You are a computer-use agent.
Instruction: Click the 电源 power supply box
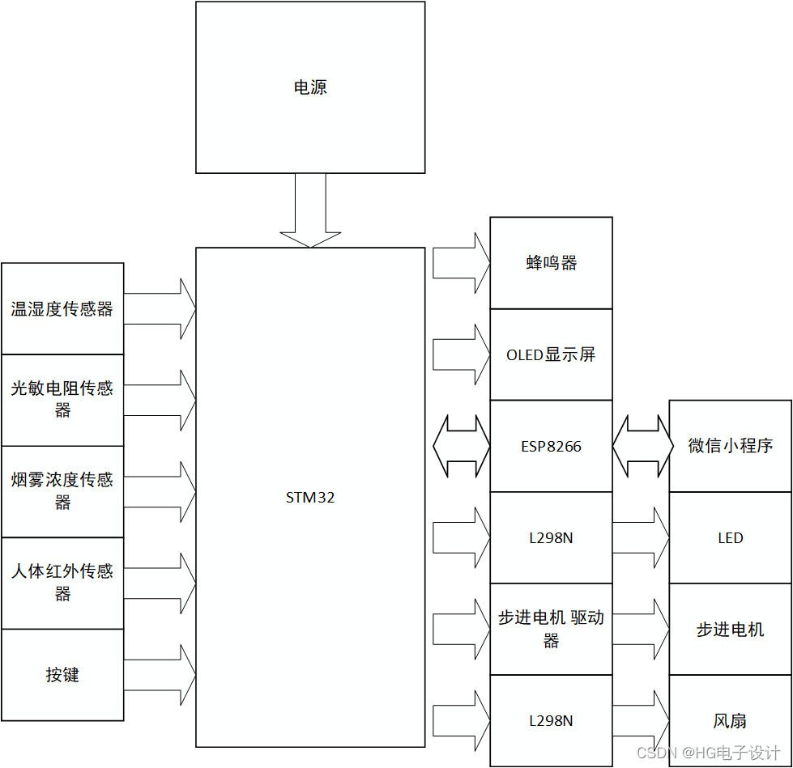[x=310, y=87]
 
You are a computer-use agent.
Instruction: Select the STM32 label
[x=310, y=498]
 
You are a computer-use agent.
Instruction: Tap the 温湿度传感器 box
[x=62, y=309]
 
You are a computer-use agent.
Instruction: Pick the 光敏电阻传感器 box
[x=62, y=400]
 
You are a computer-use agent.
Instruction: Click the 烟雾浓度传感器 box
[x=62, y=491]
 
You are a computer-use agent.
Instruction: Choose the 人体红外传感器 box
[x=62, y=583]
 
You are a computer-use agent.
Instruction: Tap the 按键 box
[x=62, y=675]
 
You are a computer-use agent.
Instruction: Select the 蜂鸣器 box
[x=551, y=263]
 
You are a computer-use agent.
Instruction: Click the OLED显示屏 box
[x=551, y=354]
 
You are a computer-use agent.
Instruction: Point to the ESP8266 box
[x=551, y=446]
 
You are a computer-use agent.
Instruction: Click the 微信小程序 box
[x=730, y=446]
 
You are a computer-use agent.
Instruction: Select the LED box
[x=730, y=538]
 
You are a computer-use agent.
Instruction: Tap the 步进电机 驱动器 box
[x=551, y=629]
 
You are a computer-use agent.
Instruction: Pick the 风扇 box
[x=730, y=720]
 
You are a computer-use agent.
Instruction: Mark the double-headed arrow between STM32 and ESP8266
[x=461, y=446]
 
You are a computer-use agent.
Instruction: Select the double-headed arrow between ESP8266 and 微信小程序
[x=642, y=446]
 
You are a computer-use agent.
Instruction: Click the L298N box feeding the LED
[x=551, y=537]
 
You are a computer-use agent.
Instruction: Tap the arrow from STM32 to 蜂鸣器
[x=461, y=263]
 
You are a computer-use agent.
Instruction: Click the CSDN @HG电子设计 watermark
[x=708, y=753]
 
